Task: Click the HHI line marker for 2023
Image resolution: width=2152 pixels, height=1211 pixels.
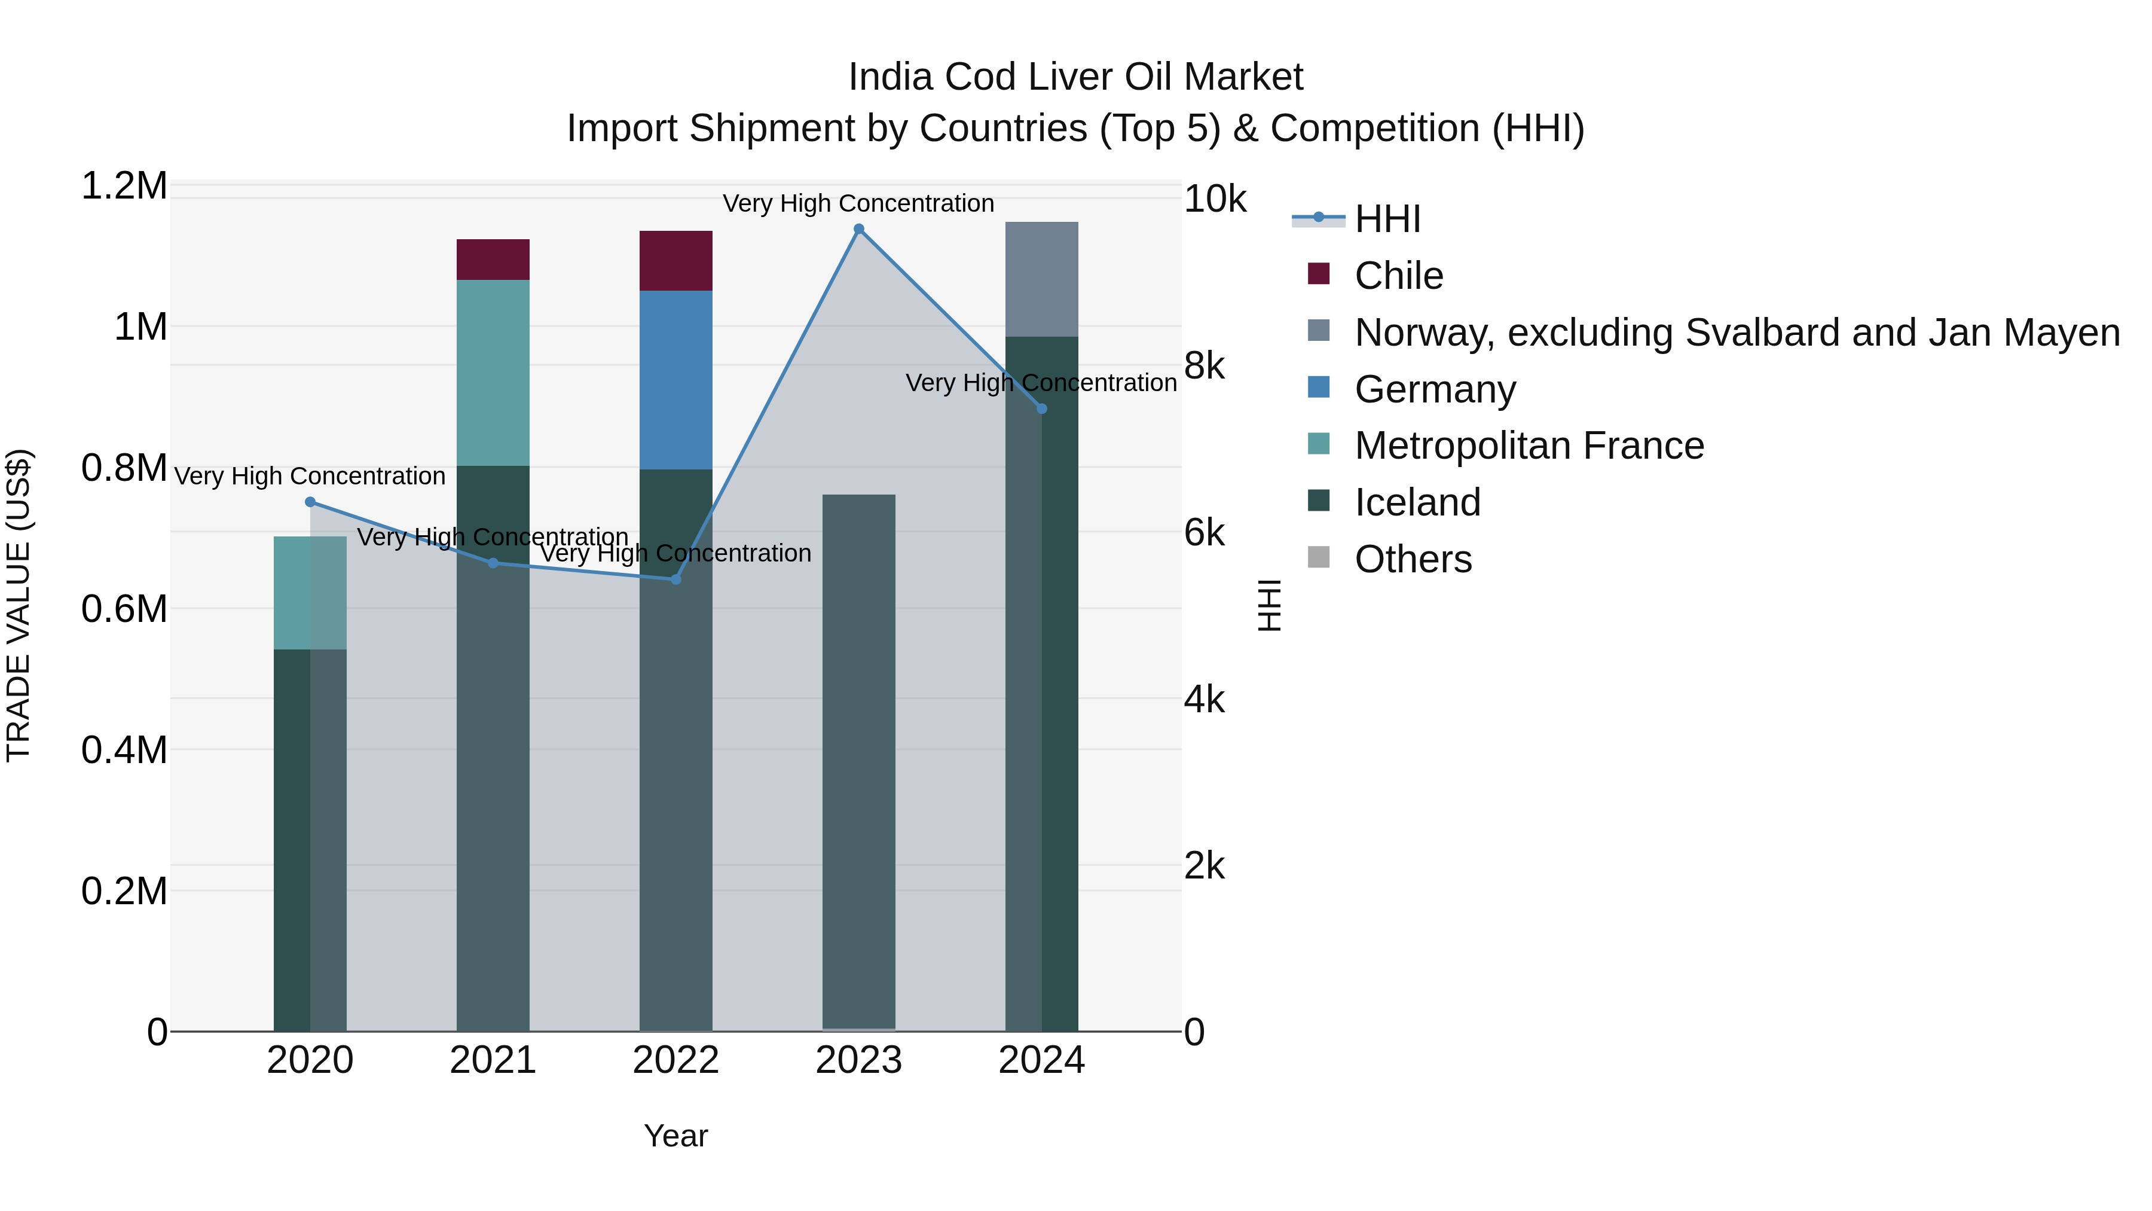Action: coord(859,229)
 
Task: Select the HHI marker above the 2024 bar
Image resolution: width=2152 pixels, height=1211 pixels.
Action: coord(1042,408)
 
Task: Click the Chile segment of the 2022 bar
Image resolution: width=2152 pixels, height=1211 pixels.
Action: coord(676,261)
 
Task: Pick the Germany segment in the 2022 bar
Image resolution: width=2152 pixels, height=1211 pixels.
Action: coord(676,380)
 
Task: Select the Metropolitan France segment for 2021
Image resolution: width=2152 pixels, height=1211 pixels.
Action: coord(493,373)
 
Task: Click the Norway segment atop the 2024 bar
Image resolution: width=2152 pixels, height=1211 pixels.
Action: coord(1042,279)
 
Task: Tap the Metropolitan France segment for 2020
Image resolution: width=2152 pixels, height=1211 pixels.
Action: coord(310,593)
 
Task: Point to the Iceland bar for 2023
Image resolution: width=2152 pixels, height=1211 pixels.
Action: coord(859,761)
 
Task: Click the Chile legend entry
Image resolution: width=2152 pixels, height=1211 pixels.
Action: coord(1398,276)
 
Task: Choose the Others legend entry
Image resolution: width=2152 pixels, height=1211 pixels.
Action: coord(1413,559)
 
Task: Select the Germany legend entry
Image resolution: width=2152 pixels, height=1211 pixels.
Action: coord(1435,389)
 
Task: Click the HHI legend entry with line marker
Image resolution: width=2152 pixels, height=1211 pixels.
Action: coord(1387,219)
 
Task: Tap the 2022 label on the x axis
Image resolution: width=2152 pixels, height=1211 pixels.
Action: coord(676,1060)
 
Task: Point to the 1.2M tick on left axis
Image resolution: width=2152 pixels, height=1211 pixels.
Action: coord(124,185)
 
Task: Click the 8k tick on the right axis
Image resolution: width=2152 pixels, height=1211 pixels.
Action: coord(1204,366)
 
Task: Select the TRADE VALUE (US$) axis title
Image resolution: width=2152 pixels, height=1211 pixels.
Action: coord(19,605)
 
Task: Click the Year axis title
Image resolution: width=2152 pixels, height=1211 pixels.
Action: coord(676,1136)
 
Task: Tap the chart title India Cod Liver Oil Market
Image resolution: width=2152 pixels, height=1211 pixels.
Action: coord(1075,77)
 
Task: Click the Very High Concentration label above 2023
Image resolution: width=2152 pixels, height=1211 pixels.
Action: coord(859,203)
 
